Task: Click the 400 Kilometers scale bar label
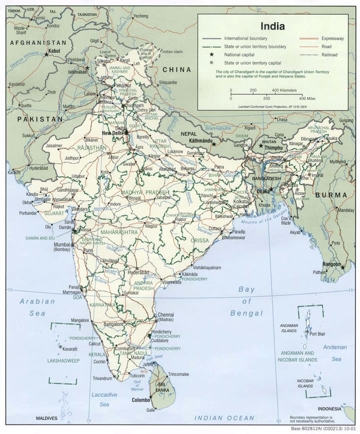[284, 90]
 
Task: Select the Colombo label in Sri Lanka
[141, 400]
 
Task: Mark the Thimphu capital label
[273, 148]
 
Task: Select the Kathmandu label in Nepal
[201, 142]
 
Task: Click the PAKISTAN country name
[40, 119]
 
